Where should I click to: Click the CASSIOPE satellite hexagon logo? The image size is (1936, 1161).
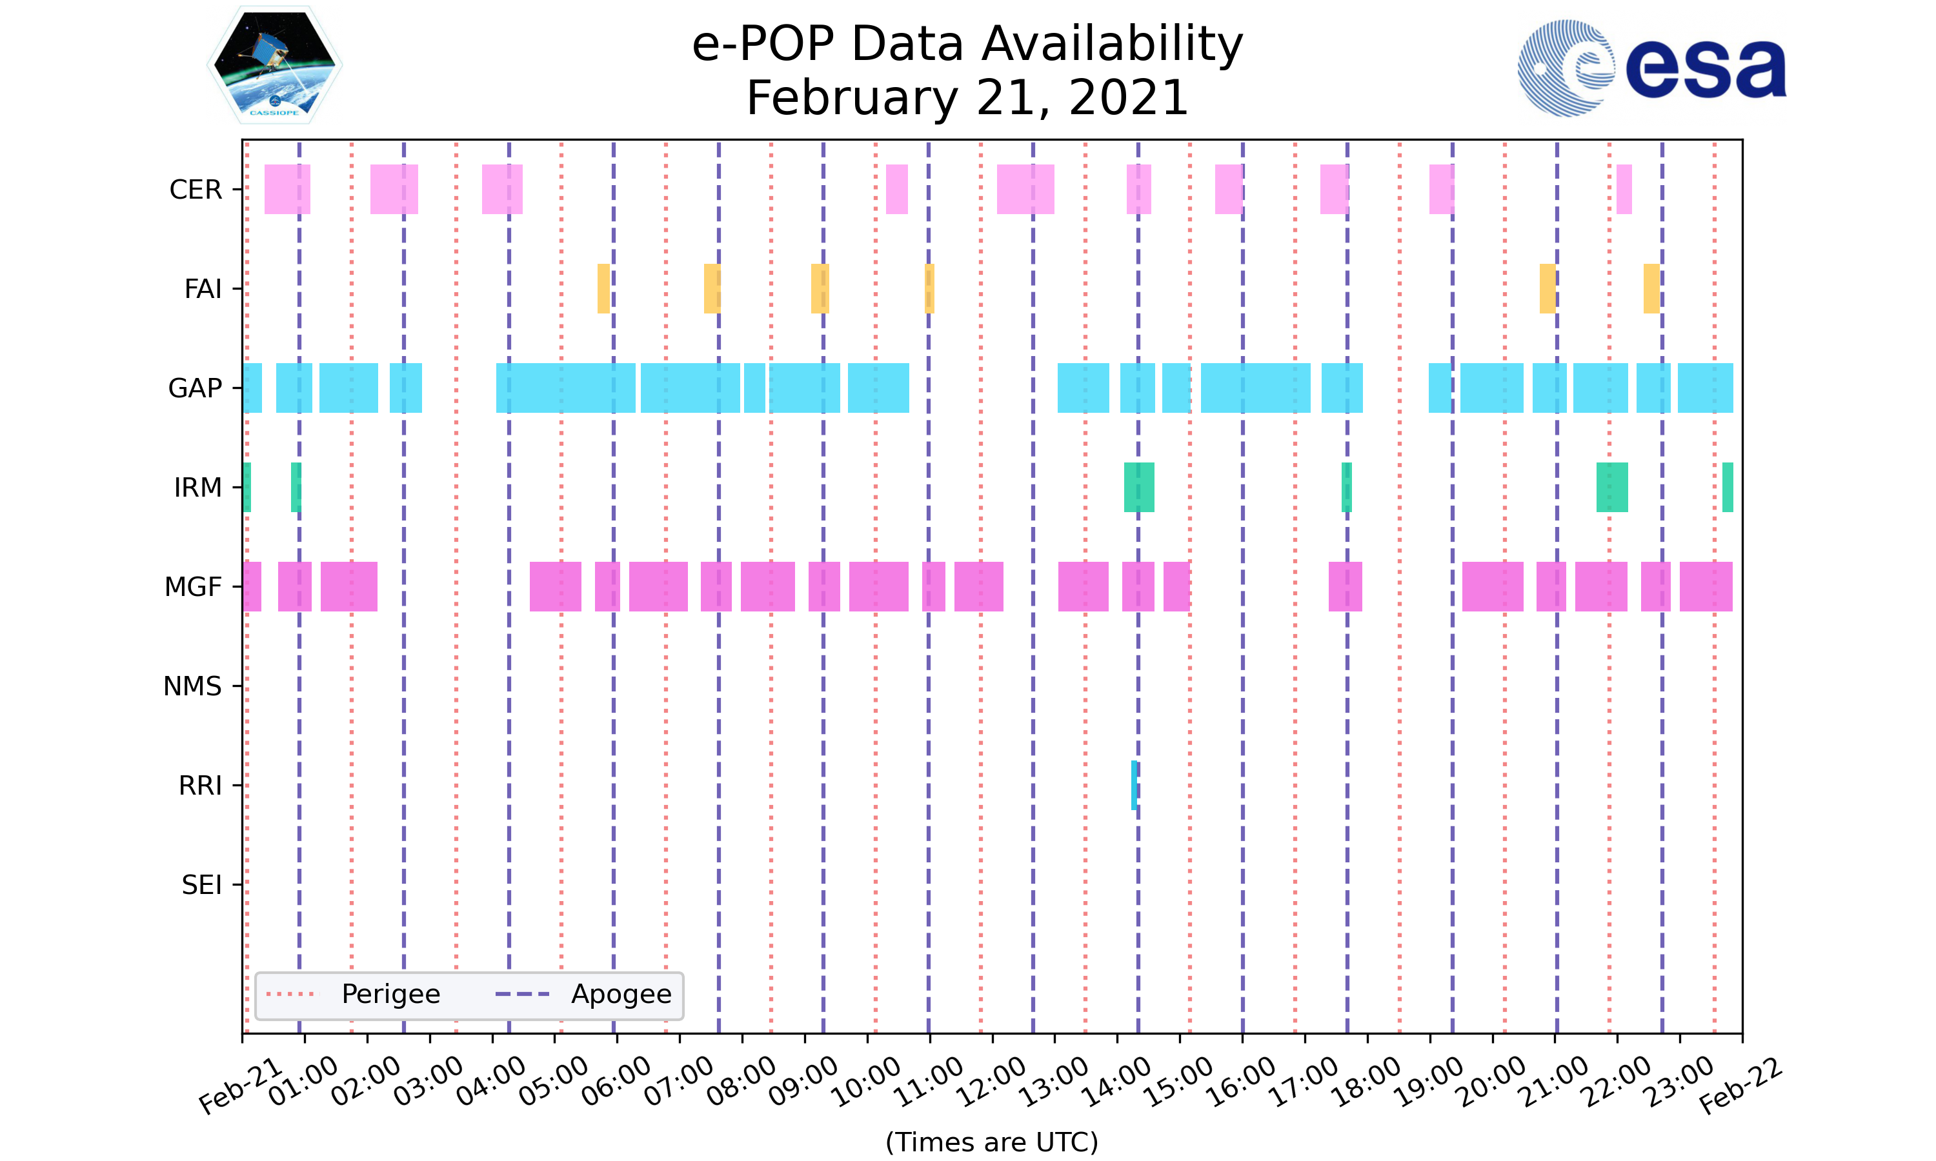tap(275, 65)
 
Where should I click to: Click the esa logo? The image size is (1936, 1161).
tap(1651, 69)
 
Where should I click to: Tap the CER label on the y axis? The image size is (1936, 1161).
tap(196, 190)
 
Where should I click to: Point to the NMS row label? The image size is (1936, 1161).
tap(192, 686)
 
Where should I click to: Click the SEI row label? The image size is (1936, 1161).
tap(202, 885)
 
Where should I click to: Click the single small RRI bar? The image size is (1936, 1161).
tap(1134, 786)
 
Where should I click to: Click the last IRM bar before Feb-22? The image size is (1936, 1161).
tap(1728, 488)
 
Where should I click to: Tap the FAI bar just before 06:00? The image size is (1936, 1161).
tap(603, 289)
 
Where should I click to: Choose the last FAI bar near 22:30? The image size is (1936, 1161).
tap(1651, 289)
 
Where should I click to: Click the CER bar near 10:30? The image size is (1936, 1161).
tap(897, 190)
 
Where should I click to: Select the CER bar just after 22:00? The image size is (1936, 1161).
tap(1624, 190)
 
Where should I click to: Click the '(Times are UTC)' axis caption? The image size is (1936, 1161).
tap(991, 1142)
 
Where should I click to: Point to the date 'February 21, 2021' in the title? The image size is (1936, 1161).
tap(967, 99)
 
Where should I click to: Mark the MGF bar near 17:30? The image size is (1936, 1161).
tap(1345, 587)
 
